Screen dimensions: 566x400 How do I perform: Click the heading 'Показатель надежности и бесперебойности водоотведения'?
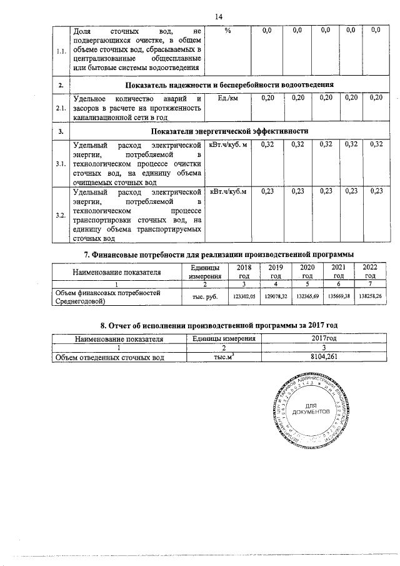pos(229,84)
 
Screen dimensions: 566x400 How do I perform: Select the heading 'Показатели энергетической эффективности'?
pos(229,131)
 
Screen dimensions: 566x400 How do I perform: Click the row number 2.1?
pos(61,108)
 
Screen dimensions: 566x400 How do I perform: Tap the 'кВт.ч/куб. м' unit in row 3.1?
pos(229,145)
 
